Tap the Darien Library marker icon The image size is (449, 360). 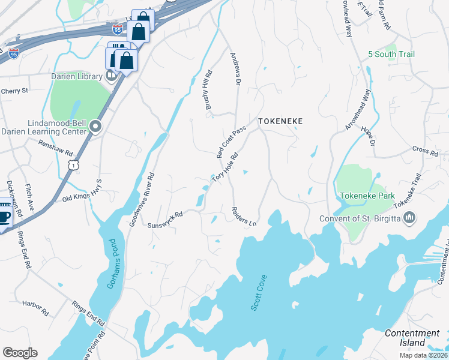pos(111,76)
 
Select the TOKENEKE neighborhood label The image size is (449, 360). pos(280,121)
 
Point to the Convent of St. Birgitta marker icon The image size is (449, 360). pos(410,218)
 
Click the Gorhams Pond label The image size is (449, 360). pos(110,264)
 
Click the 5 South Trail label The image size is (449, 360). pos(391,55)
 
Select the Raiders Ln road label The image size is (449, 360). pos(244,217)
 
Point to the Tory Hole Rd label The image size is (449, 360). pos(225,167)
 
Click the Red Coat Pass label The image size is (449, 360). pos(232,142)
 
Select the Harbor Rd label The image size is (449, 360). pos(35,308)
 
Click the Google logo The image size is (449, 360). pos(20,353)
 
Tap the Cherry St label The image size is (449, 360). pos(14,91)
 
